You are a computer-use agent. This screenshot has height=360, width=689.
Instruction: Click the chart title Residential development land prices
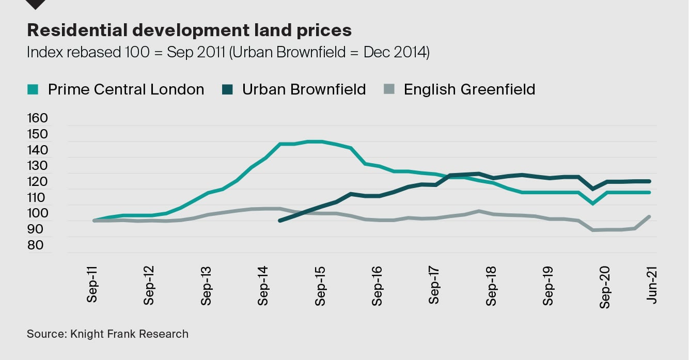pos(189,30)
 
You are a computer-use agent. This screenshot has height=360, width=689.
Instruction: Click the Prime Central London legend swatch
pos(33,89)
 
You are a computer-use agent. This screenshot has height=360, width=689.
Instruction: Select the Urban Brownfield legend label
pos(304,89)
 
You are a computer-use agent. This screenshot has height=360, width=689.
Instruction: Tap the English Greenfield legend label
pos(469,89)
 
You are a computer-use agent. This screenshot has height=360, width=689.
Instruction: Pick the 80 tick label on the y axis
pos(36,245)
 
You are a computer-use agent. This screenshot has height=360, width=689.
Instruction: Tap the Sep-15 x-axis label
pos(321,286)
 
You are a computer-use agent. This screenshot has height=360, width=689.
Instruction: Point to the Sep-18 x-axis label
pos(491,286)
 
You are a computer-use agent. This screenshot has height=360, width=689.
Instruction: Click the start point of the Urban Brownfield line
pos(279,221)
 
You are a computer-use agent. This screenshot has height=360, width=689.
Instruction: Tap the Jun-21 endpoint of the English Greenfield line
pos(650,216)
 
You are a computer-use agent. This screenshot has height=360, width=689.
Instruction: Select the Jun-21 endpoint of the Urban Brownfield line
pos(650,181)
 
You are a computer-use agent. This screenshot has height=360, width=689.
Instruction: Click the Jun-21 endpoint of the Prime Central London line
pos(650,192)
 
